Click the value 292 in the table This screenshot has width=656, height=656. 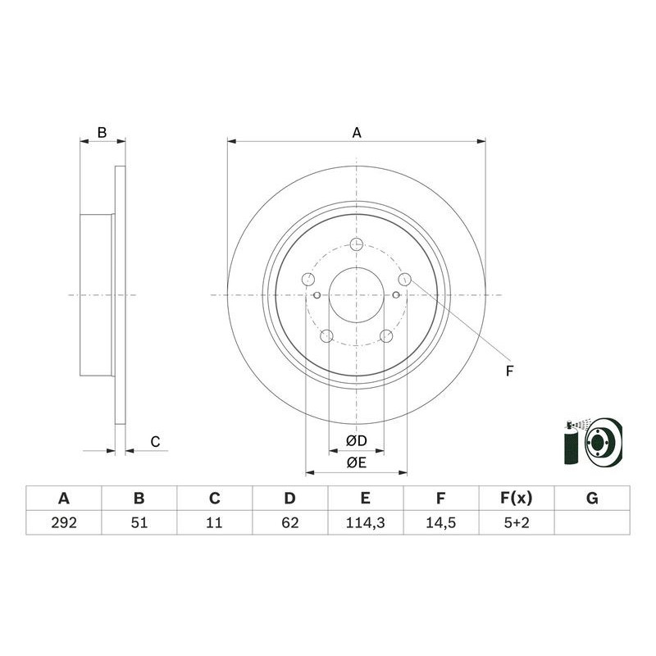coord(63,522)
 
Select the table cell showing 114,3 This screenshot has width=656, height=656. coord(365,522)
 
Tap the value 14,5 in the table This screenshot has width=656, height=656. coord(440,522)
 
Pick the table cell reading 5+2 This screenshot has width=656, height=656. coord(516,522)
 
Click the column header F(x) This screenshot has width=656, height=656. coord(516,498)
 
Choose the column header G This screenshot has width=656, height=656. coord(592,498)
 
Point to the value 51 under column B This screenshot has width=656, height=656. coord(139,522)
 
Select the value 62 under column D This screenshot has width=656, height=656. coord(289,522)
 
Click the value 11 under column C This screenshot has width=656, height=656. coord(214,522)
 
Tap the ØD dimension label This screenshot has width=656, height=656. coord(356,441)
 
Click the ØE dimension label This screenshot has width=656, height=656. coord(356,462)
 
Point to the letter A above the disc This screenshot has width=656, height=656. coord(357,131)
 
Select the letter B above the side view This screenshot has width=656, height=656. coord(102,132)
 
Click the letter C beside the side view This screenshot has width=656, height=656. coord(154,442)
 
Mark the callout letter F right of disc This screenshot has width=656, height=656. coord(509,371)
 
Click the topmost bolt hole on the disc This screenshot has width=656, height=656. coord(357,244)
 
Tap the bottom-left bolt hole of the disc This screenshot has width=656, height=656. coord(326,335)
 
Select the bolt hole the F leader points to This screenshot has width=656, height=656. coord(404,279)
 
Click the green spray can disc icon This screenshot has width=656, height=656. coord(594,443)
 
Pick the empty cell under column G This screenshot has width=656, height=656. coord(592,522)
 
